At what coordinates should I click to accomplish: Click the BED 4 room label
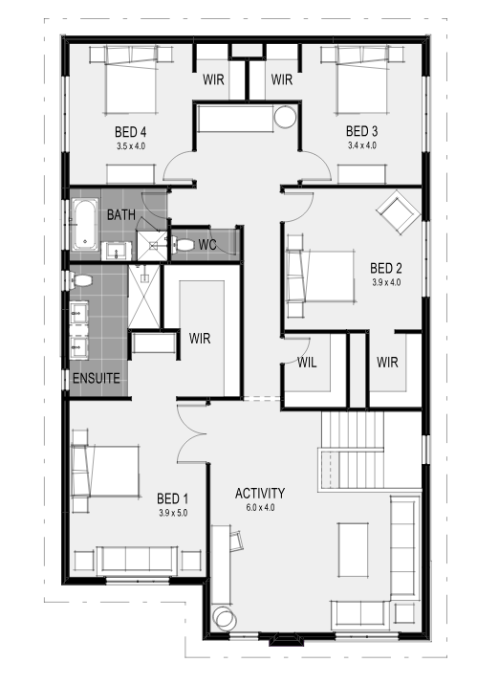(131, 131)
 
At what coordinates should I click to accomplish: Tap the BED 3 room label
(361, 131)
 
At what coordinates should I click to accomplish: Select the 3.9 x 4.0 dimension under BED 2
(386, 282)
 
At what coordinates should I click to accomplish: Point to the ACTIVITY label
(260, 494)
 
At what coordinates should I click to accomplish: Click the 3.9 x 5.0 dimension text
(173, 513)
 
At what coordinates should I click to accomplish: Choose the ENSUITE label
(97, 378)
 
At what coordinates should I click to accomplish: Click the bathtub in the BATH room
(85, 225)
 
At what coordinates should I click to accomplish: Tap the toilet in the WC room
(183, 245)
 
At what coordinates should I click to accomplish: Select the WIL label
(307, 363)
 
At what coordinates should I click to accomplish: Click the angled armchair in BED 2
(398, 212)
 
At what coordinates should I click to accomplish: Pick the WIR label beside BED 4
(213, 79)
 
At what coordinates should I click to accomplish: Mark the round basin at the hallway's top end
(286, 117)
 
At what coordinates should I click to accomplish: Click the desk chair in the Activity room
(236, 541)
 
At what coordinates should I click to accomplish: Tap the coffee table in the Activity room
(353, 549)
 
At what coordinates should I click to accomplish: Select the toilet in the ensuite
(81, 280)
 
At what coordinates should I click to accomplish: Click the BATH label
(121, 215)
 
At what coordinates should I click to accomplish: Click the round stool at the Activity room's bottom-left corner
(225, 618)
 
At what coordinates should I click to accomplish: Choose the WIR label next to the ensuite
(200, 338)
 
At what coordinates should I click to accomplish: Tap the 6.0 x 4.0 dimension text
(260, 508)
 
